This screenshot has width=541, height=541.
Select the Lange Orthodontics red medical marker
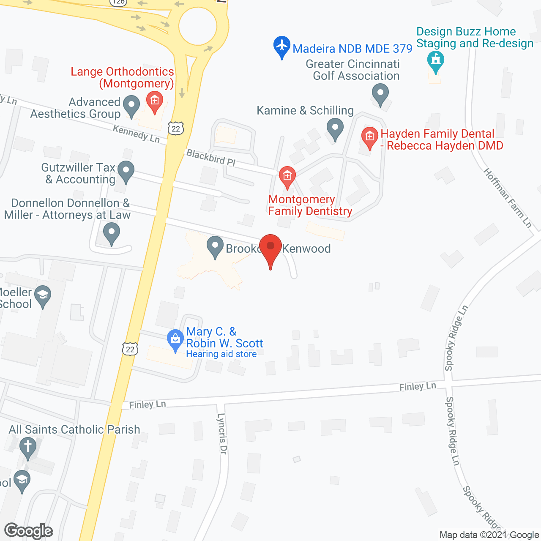click(155, 101)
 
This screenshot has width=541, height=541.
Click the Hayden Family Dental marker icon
click(370, 137)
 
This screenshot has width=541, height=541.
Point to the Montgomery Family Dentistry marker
click(287, 176)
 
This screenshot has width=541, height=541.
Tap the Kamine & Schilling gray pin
click(335, 128)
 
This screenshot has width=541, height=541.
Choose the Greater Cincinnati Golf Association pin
click(380, 94)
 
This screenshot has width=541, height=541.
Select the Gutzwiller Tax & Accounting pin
click(126, 171)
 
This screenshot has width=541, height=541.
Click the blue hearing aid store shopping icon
click(175, 339)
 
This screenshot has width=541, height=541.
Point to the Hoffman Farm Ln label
click(507, 197)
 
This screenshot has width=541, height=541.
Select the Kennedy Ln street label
click(137, 134)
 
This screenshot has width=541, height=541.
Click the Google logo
click(28, 531)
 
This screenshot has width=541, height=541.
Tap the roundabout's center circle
click(198, 25)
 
